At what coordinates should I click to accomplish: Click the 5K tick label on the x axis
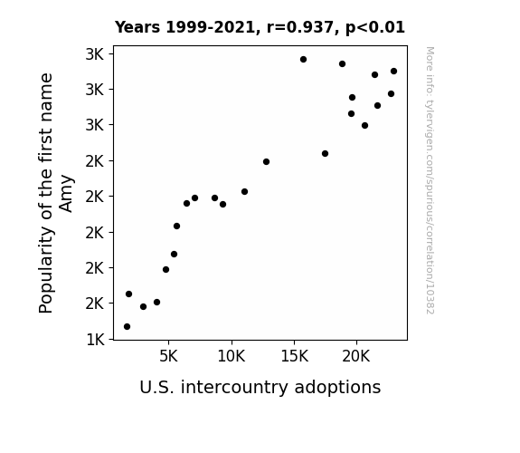168,357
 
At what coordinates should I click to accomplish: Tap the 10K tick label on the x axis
232,357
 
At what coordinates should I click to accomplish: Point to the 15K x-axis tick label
294,357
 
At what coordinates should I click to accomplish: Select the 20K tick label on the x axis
356,357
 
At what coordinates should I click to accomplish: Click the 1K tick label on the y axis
95,340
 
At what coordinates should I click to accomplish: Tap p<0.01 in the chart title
375,27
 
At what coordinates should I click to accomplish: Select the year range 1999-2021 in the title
211,27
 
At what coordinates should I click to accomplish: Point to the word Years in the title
137,27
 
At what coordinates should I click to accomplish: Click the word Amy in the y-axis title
66,193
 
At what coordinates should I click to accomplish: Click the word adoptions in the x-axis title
337,387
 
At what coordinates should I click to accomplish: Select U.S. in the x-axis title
156,387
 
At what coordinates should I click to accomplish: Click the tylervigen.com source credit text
430,180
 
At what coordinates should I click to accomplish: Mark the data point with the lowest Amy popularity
127,327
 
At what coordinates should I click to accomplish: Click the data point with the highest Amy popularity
304,60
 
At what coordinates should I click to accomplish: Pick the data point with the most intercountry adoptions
394,72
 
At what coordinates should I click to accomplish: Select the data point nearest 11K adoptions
245,192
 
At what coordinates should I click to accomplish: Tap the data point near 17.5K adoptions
326,153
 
